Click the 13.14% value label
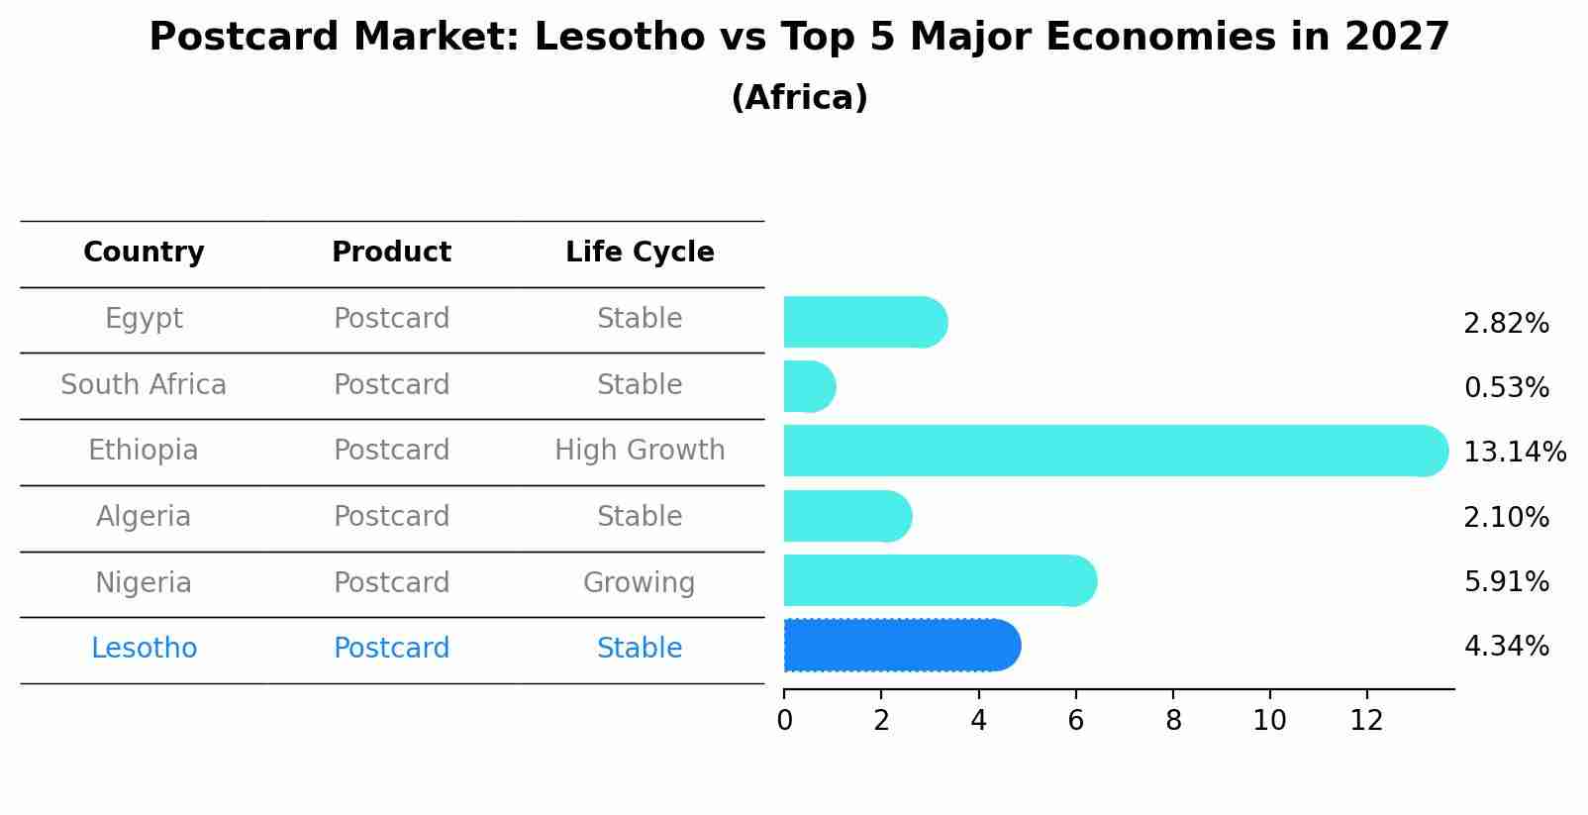[x=1514, y=453]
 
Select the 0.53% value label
[x=1506, y=388]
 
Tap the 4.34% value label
[x=1506, y=647]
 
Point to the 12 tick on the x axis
[x=1366, y=721]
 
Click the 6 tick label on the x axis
[x=1075, y=721]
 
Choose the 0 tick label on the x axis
[x=784, y=721]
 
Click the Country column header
[x=144, y=253]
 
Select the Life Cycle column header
[x=640, y=253]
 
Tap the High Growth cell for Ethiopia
[x=640, y=451]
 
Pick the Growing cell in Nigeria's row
[x=640, y=582]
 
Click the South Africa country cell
[x=144, y=384]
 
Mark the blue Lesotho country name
[x=144, y=649]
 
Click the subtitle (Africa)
[x=799, y=98]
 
